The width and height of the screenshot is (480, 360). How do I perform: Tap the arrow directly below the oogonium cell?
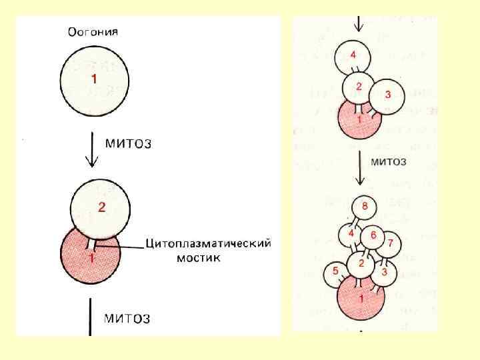pos(93,151)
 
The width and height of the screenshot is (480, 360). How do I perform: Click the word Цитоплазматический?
pos(209,243)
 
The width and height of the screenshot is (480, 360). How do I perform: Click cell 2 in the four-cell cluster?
pos(359,87)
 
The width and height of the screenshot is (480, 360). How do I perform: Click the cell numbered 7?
pos(391,241)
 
